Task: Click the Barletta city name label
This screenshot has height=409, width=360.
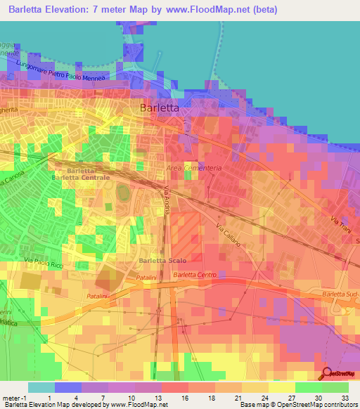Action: pyautogui.click(x=160, y=108)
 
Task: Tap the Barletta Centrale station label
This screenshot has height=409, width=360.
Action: pyautogui.click(x=81, y=178)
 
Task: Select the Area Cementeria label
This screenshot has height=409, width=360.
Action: pyautogui.click(x=194, y=168)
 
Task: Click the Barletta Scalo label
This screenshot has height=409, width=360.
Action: pyautogui.click(x=162, y=261)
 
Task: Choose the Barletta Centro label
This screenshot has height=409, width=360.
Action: pyautogui.click(x=195, y=275)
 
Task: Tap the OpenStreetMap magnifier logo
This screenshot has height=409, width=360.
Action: pyautogui.click(x=328, y=374)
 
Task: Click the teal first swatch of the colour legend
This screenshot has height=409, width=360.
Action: pyautogui.click(x=41, y=387)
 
